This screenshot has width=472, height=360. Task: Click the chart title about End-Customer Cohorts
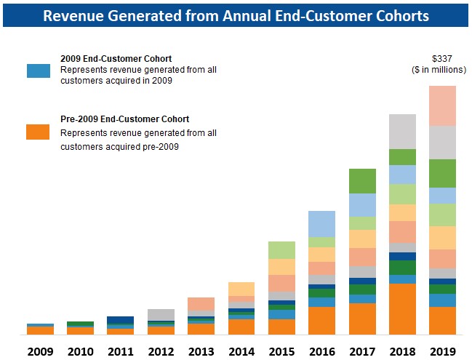(x=236, y=15)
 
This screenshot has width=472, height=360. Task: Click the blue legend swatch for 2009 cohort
(x=39, y=71)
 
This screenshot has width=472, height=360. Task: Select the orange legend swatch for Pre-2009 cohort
(x=39, y=132)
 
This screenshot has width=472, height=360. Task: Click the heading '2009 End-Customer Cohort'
(x=116, y=58)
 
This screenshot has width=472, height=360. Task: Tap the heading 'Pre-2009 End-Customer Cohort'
(x=125, y=119)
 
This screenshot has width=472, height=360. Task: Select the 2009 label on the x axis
(x=40, y=351)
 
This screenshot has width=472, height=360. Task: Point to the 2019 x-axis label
(x=441, y=351)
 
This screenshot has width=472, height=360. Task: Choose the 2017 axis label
(x=362, y=351)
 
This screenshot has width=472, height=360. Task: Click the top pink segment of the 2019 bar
(x=442, y=105)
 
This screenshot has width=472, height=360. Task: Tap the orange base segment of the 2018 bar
(x=402, y=308)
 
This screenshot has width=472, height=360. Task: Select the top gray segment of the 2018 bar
(x=402, y=132)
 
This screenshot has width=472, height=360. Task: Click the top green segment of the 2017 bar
(x=362, y=180)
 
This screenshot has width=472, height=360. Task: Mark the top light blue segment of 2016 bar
(x=321, y=223)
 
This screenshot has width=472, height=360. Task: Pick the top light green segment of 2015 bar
(x=281, y=249)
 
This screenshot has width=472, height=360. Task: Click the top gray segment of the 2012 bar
(x=161, y=314)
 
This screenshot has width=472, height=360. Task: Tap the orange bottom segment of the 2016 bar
(x=321, y=320)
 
